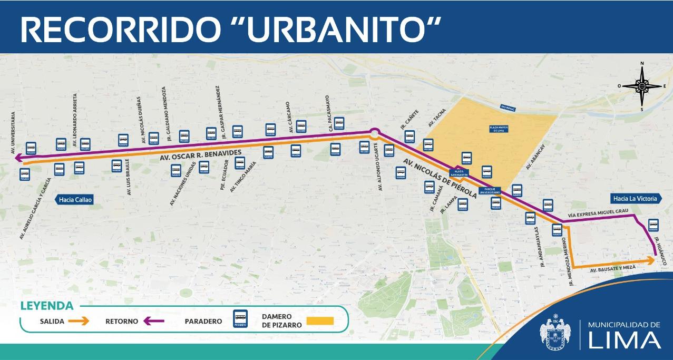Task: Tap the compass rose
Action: [x=642, y=86]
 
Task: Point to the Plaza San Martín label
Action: [x=459, y=172]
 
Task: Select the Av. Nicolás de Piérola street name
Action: [x=440, y=178]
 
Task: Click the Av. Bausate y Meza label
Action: [x=613, y=268]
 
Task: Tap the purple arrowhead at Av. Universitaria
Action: [x=18, y=158]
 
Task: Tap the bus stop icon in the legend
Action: [x=240, y=318]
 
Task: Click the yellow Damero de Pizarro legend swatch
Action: [x=319, y=320]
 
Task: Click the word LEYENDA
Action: [x=46, y=306]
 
